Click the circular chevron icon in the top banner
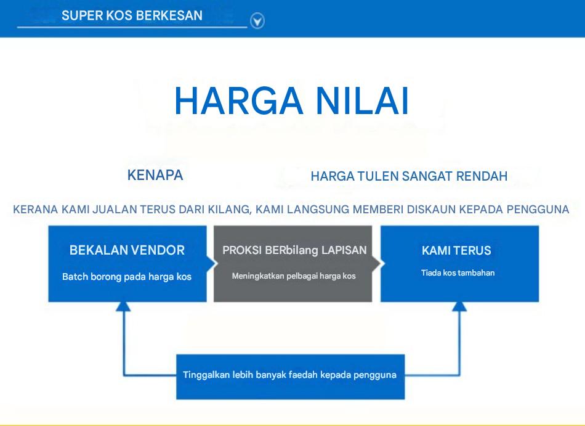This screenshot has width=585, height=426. pyautogui.click(x=257, y=20)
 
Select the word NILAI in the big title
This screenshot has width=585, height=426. pyautogui.click(x=363, y=101)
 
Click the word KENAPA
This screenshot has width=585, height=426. pyautogui.click(x=155, y=175)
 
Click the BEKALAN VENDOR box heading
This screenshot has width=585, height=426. pyautogui.click(x=127, y=250)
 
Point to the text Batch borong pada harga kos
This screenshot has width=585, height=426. pyautogui.click(x=127, y=277)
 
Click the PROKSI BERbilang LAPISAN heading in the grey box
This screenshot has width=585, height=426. pyautogui.click(x=295, y=250)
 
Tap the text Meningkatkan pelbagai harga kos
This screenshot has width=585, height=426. pyautogui.click(x=294, y=276)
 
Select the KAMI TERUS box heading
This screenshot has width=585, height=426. pyautogui.click(x=456, y=250)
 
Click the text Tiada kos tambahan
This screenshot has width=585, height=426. pyautogui.click(x=458, y=273)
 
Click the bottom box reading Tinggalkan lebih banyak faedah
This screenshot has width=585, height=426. pyautogui.click(x=290, y=376)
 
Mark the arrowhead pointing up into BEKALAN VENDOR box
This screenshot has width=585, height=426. pyautogui.click(x=123, y=306)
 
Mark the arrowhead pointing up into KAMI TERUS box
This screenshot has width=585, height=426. pyautogui.click(x=459, y=306)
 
